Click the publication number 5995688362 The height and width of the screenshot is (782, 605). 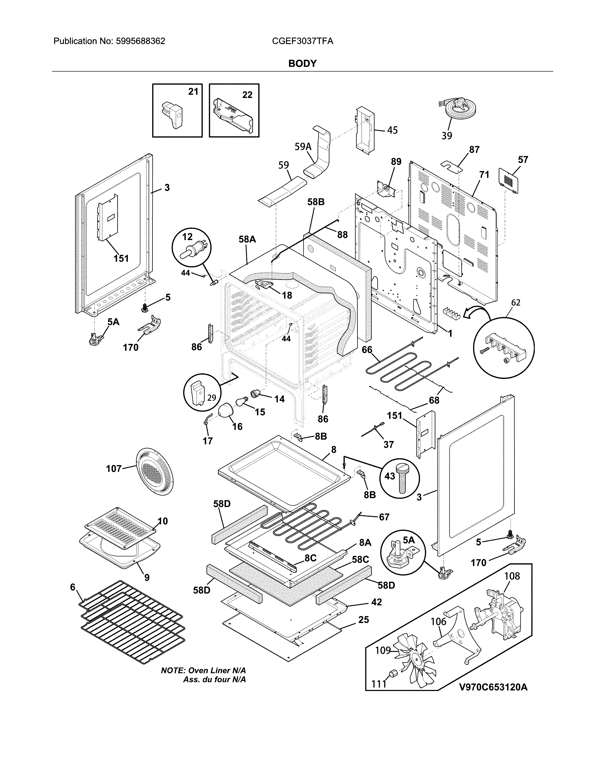pos(140,41)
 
